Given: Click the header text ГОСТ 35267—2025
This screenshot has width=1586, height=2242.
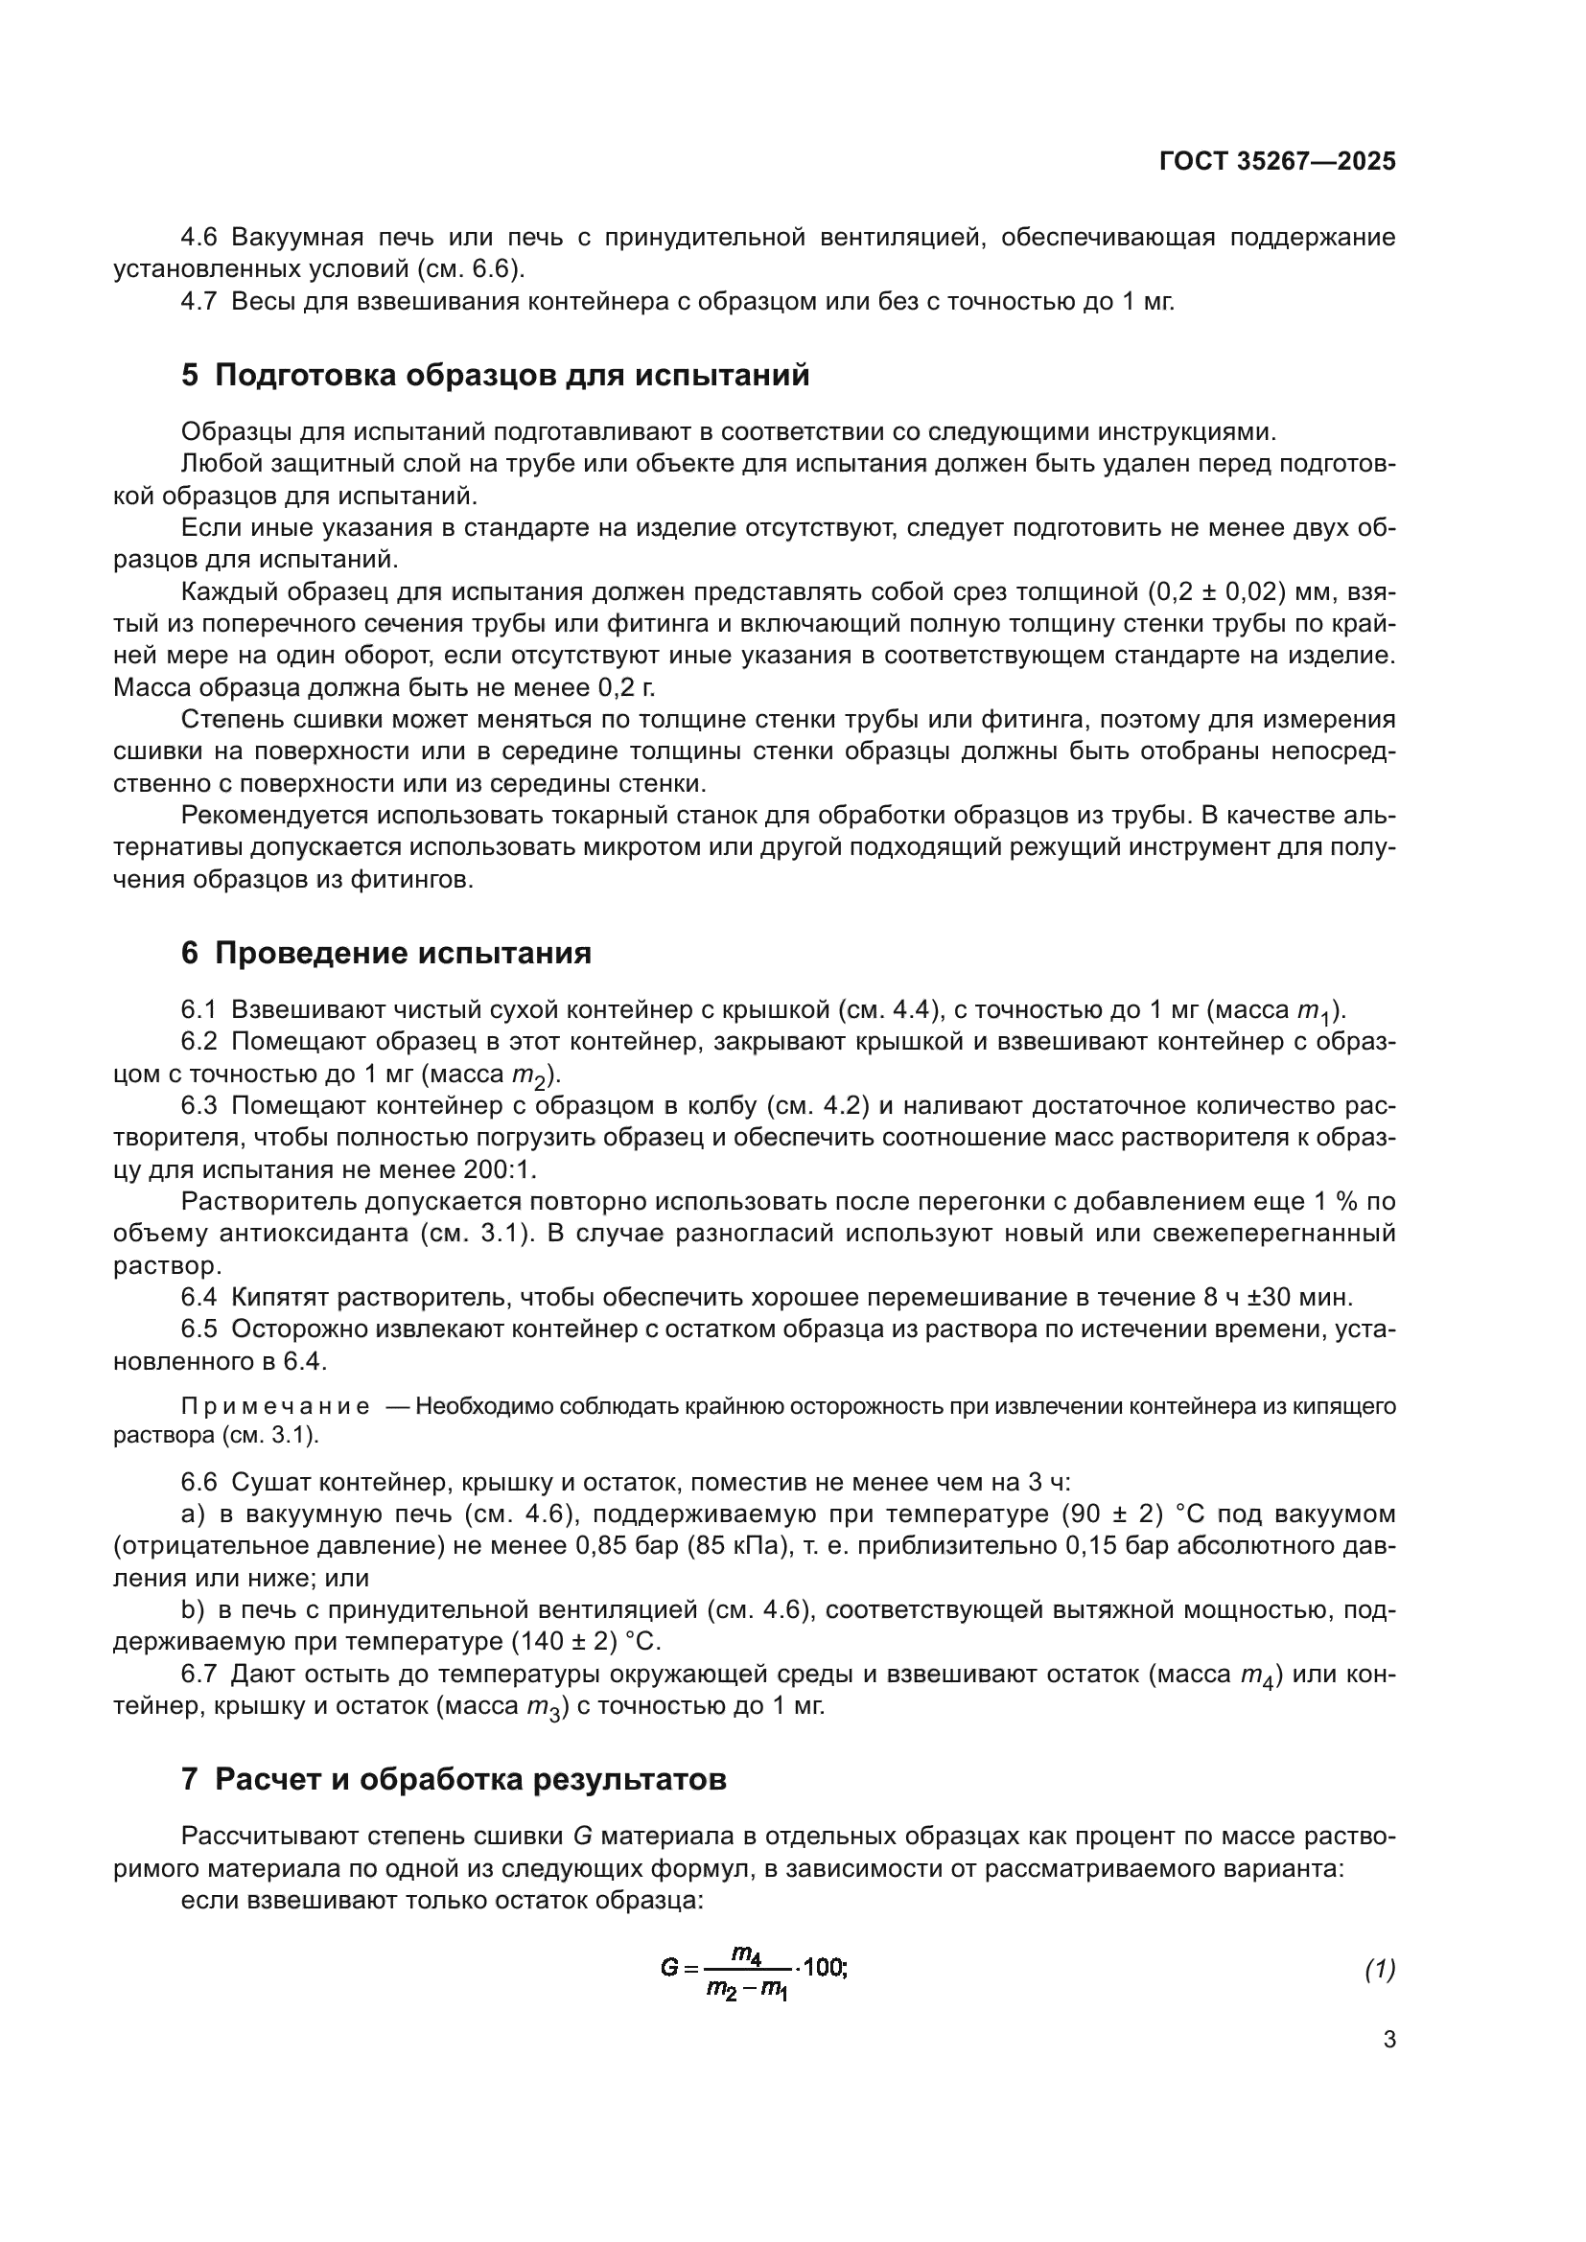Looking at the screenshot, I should tap(1276, 162).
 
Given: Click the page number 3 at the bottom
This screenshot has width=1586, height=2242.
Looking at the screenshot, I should tap(1388, 2040).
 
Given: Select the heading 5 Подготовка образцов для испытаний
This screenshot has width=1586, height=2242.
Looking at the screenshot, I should tap(495, 375).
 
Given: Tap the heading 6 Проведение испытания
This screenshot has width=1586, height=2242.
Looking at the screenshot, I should tap(385, 953).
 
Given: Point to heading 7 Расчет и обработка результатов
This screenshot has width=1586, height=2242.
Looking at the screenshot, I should tap(454, 1779).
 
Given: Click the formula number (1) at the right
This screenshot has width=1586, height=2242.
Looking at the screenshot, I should tap(1379, 1970).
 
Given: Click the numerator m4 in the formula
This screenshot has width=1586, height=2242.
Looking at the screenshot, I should tap(746, 1953).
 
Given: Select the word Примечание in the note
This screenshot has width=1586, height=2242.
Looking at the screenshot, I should tap(275, 1406).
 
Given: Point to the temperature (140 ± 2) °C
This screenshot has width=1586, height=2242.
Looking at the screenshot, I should tap(585, 1641).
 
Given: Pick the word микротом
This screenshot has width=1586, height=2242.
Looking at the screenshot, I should tap(637, 846).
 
